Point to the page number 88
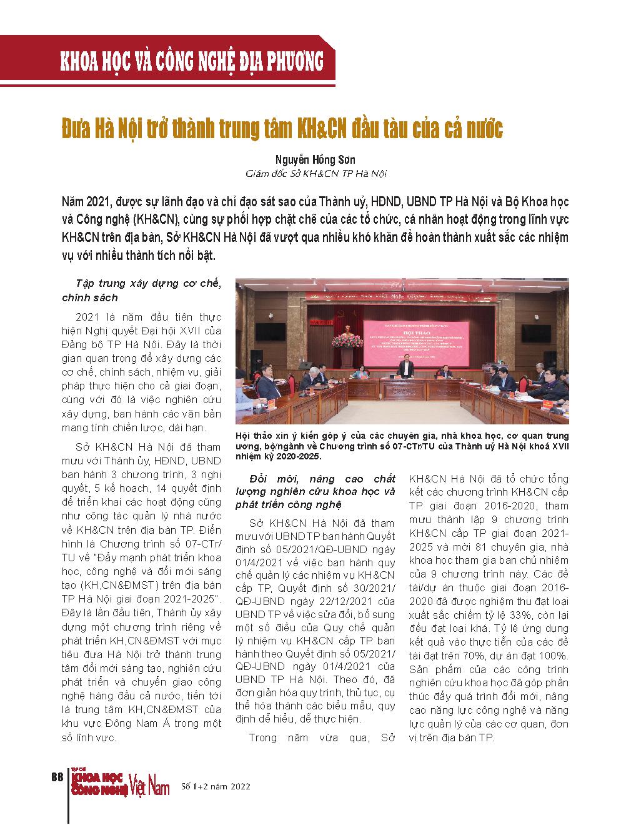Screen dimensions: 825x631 (56, 777)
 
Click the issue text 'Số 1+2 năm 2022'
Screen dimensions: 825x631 (216, 786)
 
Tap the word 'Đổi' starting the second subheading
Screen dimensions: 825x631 (259, 479)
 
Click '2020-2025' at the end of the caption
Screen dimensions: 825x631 (293, 457)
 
